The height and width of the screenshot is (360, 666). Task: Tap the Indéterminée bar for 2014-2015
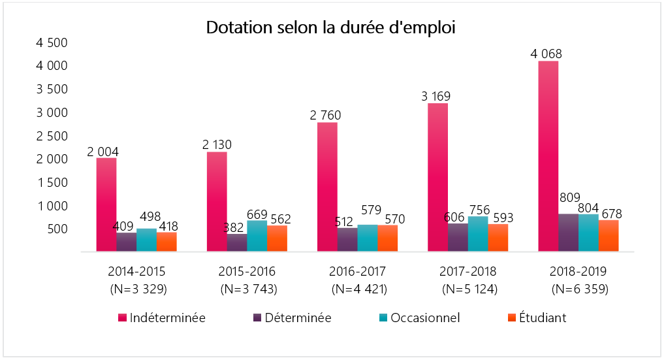click(106, 204)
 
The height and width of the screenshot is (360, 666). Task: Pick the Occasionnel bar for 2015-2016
click(257, 236)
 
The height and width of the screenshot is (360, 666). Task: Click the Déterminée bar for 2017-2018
click(458, 237)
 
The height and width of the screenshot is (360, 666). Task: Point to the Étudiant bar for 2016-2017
click(387, 238)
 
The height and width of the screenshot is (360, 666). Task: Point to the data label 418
click(166, 227)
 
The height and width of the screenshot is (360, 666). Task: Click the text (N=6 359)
click(580, 288)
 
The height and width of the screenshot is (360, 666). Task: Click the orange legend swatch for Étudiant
click(513, 318)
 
